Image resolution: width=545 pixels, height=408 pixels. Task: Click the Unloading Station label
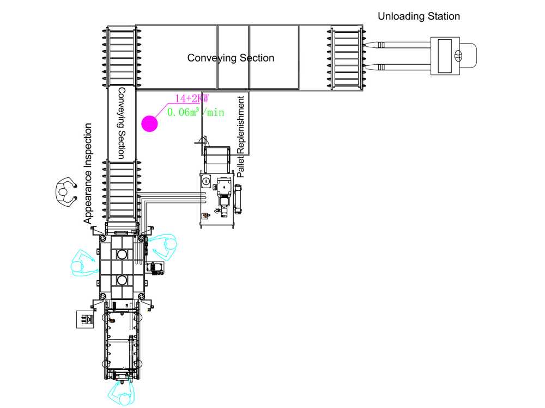[x=419, y=16]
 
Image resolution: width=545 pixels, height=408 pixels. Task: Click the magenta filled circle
[x=149, y=123]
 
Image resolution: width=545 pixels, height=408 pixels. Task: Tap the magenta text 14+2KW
[x=191, y=98]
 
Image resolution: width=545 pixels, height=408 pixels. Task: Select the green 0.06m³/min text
[x=196, y=112]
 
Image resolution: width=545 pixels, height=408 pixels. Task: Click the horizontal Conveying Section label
[x=231, y=58]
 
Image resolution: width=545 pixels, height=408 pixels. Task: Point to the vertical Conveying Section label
[x=122, y=123]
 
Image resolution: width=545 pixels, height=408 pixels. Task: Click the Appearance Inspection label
[x=88, y=174]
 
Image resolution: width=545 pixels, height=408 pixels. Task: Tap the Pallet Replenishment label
[x=241, y=137]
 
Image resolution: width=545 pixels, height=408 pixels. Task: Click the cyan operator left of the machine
[x=83, y=263]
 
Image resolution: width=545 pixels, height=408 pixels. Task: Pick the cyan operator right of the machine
[x=163, y=247]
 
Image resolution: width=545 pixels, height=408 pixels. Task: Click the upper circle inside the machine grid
[x=122, y=254]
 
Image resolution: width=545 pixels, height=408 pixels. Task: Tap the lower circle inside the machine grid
[x=122, y=280]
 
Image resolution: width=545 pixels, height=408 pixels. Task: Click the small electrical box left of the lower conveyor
[x=86, y=319]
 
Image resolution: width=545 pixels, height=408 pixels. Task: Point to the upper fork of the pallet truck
[x=398, y=45]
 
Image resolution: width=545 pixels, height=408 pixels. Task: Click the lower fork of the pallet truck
[x=398, y=67]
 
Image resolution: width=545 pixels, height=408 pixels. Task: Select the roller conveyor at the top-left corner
[x=122, y=57]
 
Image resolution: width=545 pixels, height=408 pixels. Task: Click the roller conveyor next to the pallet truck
[x=346, y=58]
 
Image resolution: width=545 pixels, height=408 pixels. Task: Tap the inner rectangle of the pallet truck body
[x=445, y=56]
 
